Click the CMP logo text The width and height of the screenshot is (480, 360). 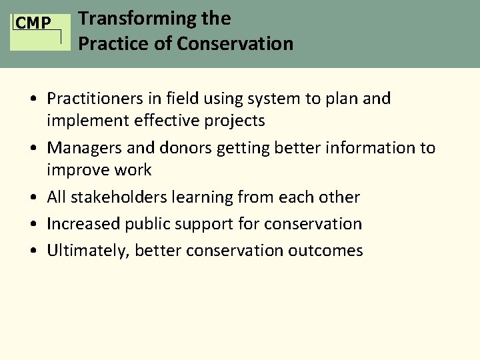pos(33,24)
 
